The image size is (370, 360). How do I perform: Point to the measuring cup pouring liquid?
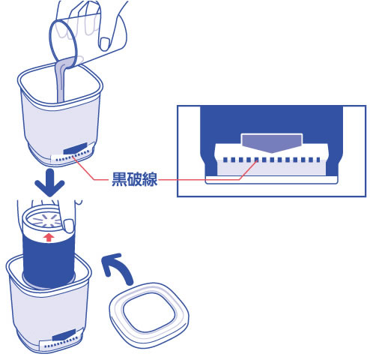(70, 37)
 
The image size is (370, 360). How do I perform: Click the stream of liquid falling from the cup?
(59, 82)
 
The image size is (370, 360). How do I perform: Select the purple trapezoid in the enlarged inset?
(272, 142)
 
